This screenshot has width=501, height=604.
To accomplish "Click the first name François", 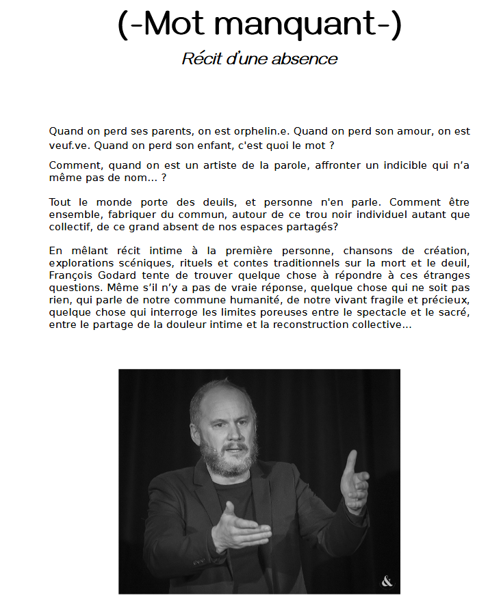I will (x=70, y=275).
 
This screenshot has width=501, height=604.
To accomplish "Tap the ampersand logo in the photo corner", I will (x=387, y=582).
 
